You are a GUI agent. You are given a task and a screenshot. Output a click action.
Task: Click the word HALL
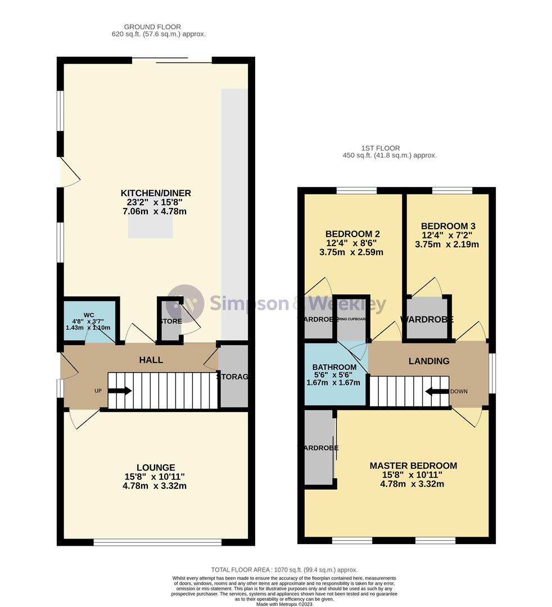pyautogui.click(x=151, y=360)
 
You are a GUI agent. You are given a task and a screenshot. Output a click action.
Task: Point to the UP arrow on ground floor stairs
pyautogui.click(x=120, y=391)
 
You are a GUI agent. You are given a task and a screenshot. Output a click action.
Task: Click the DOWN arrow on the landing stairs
pyautogui.click(x=436, y=391)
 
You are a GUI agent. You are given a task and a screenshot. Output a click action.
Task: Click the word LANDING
pyautogui.click(x=428, y=361)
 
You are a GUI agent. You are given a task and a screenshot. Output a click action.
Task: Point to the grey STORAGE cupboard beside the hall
pyautogui.click(x=233, y=376)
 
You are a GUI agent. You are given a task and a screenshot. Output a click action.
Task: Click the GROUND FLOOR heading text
pyautogui.click(x=152, y=26)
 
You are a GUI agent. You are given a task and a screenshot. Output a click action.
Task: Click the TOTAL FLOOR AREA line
pyautogui.click(x=284, y=570)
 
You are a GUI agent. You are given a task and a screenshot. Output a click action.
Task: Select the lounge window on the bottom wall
pyautogui.click(x=158, y=542)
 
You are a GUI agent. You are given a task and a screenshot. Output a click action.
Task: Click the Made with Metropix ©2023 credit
pyautogui.click(x=284, y=604)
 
